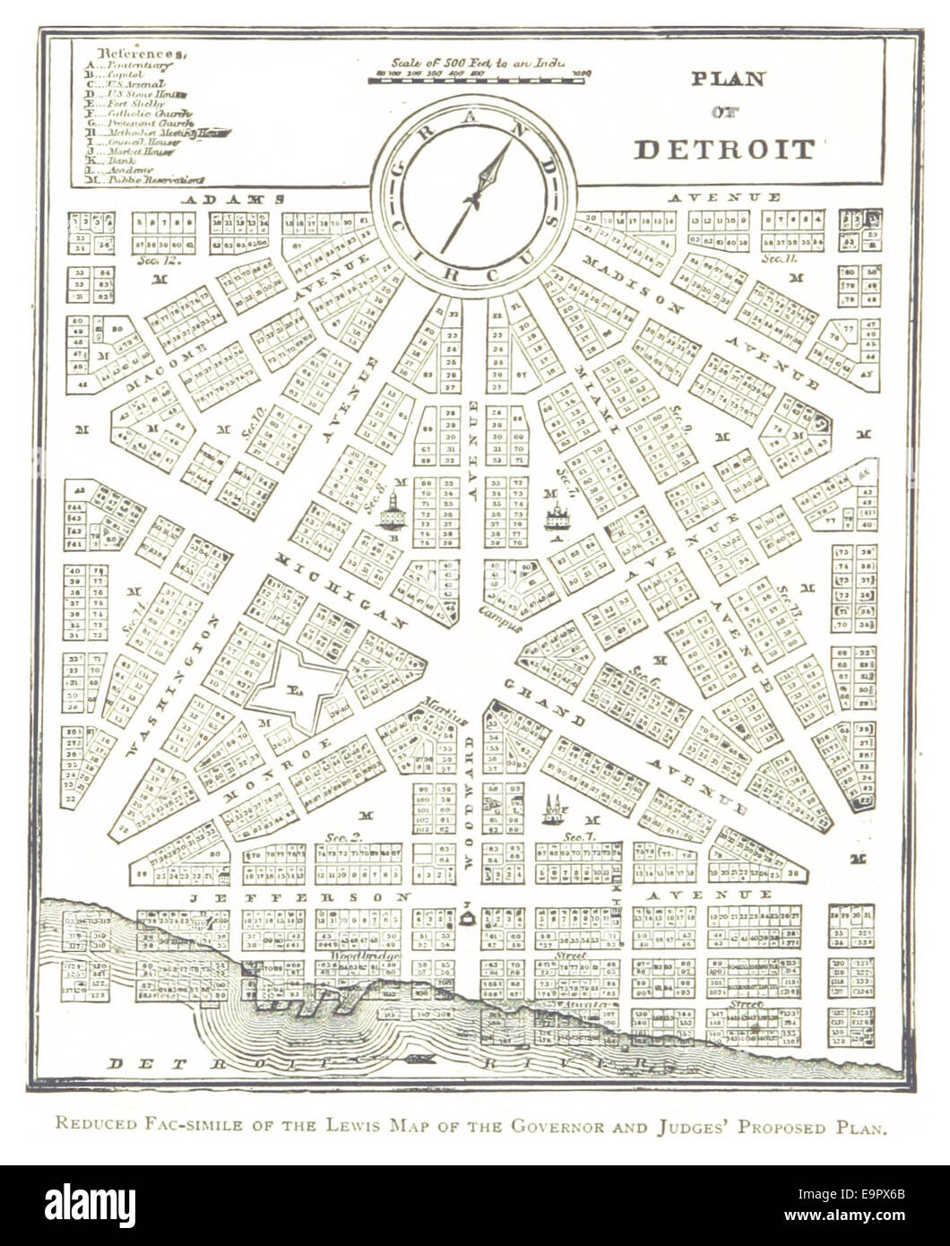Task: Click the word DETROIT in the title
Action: (724, 149)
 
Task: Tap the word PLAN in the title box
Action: (728, 79)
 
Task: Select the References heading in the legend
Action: (142, 53)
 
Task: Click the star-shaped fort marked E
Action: (295, 688)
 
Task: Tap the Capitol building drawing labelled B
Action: (393, 515)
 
